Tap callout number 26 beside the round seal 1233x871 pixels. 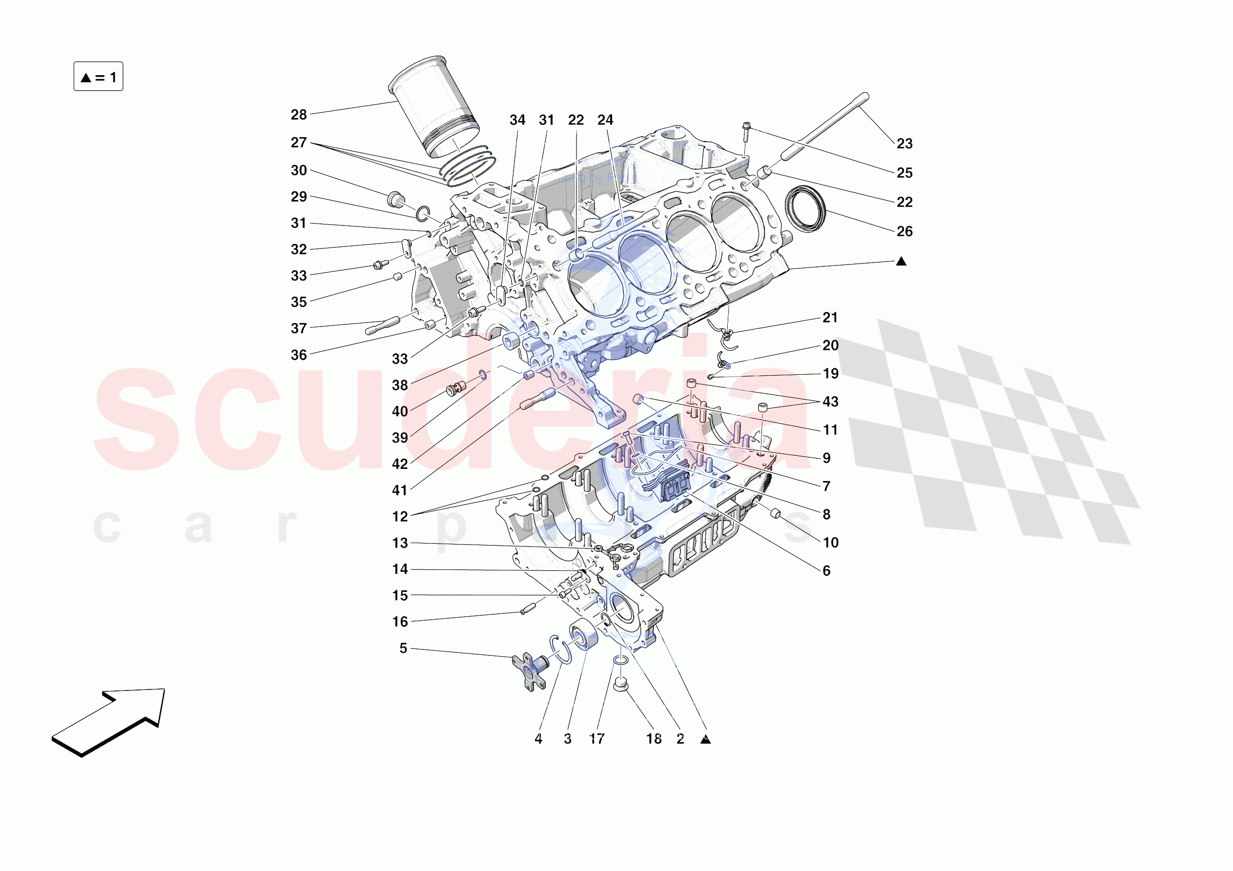click(904, 231)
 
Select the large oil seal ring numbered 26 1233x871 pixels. click(805, 209)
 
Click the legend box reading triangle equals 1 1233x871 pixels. click(98, 77)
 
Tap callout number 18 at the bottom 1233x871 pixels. click(654, 739)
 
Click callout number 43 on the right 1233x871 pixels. click(830, 402)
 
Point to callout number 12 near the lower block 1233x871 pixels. click(400, 517)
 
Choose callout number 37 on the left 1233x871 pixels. click(299, 328)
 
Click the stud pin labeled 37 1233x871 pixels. click(382, 325)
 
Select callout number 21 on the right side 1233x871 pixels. click(830, 317)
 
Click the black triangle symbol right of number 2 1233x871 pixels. click(706, 740)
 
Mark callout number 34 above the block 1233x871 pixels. click(517, 121)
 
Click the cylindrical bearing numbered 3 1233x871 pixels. click(583, 634)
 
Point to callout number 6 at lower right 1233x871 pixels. click(826, 571)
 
